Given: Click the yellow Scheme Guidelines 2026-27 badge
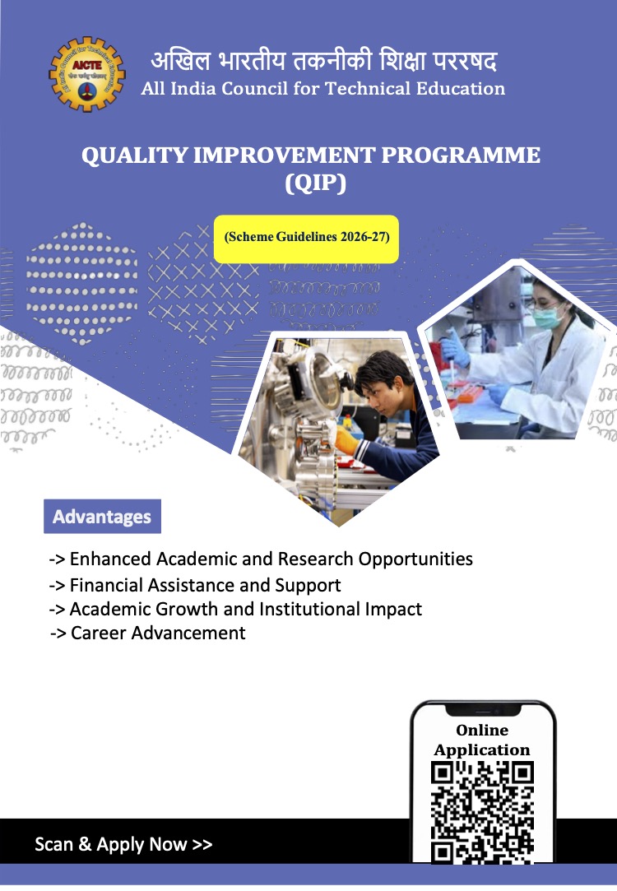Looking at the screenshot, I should (x=306, y=238).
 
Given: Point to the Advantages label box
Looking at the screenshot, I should (x=102, y=517).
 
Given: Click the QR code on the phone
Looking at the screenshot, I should (x=483, y=811).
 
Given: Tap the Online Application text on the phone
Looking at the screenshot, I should (x=482, y=740).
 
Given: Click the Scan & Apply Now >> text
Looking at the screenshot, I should (x=123, y=845).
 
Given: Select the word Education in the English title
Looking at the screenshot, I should (x=457, y=89).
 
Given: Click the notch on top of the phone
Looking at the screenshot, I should (x=483, y=708).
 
